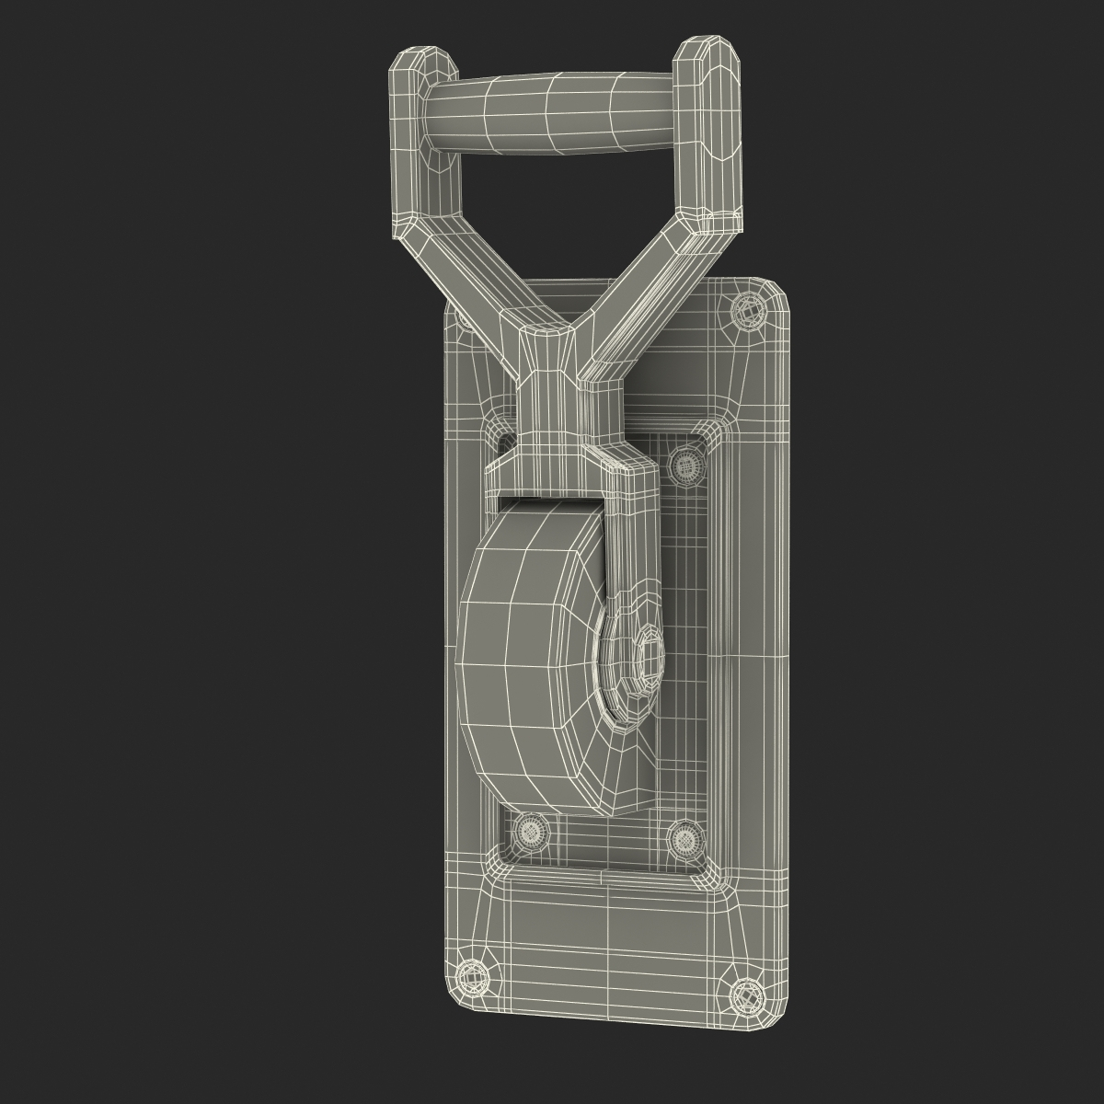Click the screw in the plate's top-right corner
click(x=748, y=314)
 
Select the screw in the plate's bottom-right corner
click(x=744, y=995)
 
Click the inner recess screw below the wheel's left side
click(x=531, y=832)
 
